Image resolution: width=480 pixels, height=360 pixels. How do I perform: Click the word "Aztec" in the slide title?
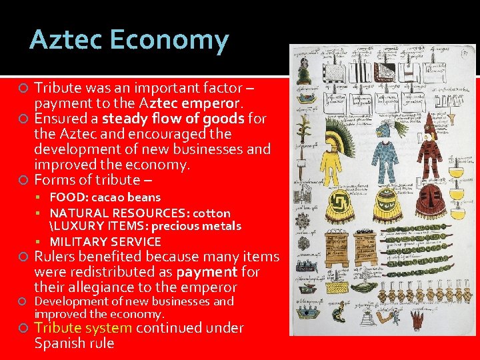tap(63, 41)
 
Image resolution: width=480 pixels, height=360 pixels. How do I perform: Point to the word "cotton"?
tap(210, 213)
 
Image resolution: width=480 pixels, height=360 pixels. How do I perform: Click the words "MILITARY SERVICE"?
tap(105, 241)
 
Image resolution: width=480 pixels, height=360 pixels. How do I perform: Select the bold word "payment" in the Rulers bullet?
tap(207, 272)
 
